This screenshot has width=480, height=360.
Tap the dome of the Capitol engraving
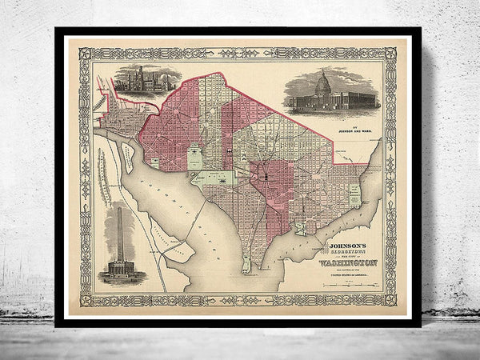(x=324, y=82)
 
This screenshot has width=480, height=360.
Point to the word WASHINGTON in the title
(x=353, y=259)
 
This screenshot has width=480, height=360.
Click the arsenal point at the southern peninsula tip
(x=246, y=264)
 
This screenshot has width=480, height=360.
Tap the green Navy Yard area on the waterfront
(x=301, y=227)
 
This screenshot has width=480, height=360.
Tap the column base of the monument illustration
(x=118, y=268)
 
